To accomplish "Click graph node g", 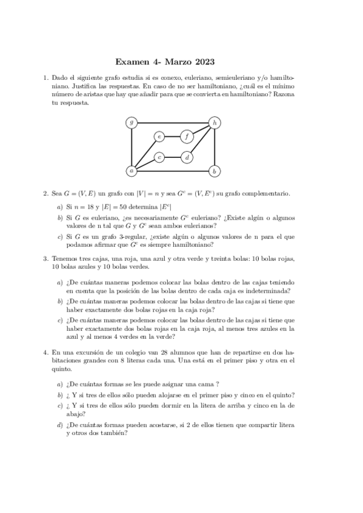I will click(132, 122).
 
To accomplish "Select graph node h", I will click(215, 122).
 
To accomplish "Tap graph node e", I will click(159, 136).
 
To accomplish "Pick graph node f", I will click(188, 136).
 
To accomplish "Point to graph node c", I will click(159, 157).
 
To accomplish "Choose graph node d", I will click(188, 157).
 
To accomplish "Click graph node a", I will click(132, 171).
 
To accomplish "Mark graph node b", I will click(215, 171).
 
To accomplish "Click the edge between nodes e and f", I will click(173, 136).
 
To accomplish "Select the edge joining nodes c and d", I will click(173, 157).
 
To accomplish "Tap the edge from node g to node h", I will click(173, 122).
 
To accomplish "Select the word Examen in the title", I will click(132, 62).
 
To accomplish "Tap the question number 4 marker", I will click(45, 351).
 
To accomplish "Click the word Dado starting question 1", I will click(61, 78).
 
